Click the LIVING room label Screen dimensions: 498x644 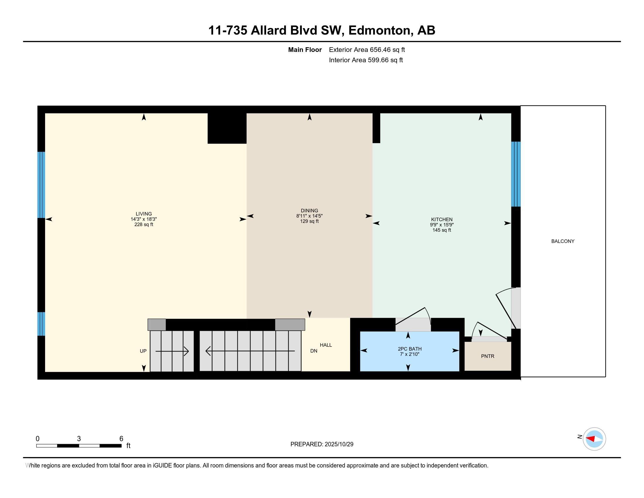(144, 214)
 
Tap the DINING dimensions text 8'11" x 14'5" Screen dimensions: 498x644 (309, 216)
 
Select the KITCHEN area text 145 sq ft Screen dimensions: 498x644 (441, 230)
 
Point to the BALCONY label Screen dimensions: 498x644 (563, 241)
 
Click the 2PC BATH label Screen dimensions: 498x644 (410, 349)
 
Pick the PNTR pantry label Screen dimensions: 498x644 (487, 356)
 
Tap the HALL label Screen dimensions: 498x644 (326, 345)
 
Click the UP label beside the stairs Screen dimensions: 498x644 (143, 351)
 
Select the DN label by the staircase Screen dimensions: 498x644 (314, 351)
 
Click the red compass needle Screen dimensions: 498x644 (591, 439)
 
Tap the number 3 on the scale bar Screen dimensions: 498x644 (79, 439)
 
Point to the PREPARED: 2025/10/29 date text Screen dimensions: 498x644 (322, 444)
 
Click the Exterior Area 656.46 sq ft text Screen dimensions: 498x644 (367, 50)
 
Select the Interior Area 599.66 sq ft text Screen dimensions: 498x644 (366, 60)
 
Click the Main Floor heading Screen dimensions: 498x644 (305, 50)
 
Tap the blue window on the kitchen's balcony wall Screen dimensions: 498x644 (515, 174)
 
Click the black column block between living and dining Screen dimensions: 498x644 (227, 128)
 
